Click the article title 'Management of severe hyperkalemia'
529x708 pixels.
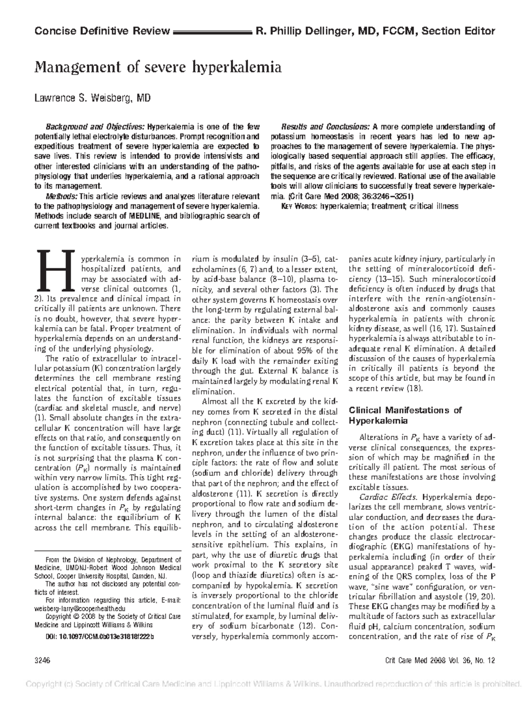click(158, 67)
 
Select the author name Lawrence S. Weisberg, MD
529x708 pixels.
click(93, 98)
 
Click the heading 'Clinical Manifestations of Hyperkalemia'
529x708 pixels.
click(405, 415)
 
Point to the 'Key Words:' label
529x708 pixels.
click(299, 206)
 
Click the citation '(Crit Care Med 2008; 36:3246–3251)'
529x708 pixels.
click(350, 196)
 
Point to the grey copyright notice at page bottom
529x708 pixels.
click(273, 684)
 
